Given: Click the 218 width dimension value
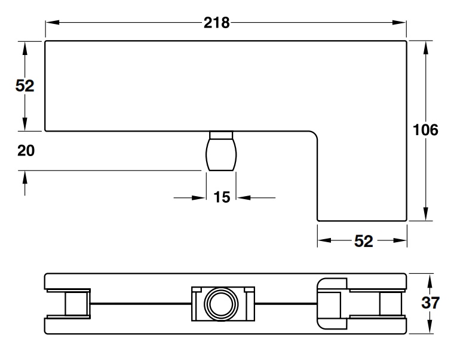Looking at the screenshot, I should pyautogui.click(x=216, y=23).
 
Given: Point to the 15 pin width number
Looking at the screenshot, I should pyautogui.click(x=222, y=197).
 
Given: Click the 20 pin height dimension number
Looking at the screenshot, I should pyautogui.click(x=26, y=151).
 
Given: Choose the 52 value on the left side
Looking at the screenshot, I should pyautogui.click(x=24, y=86).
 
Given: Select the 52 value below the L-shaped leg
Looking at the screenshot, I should pyautogui.click(x=363, y=241).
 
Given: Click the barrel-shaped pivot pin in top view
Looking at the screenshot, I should pyautogui.click(x=222, y=154).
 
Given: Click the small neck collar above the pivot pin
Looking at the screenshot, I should pyautogui.click(x=222, y=134).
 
